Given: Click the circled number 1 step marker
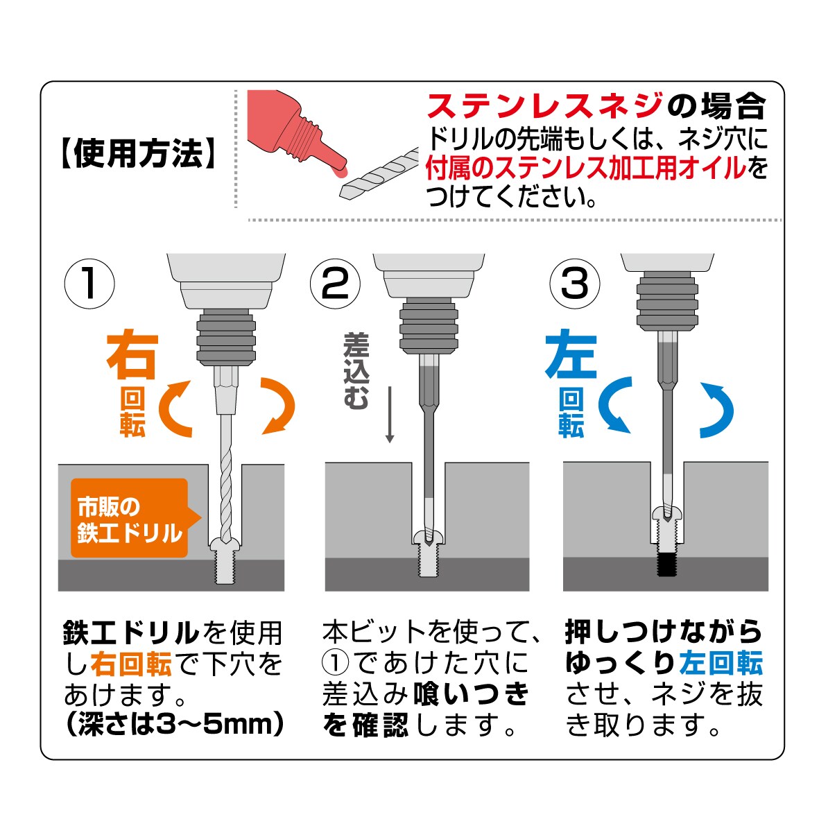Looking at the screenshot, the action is pos(89,284).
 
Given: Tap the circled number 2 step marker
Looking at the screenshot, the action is pos(335,284).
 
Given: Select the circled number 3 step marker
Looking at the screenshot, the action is pos(575,284).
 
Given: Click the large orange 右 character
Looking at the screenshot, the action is pos(132,354).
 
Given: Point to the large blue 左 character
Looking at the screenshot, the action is pos(571,354).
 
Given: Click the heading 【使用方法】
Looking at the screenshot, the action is pos(138,153).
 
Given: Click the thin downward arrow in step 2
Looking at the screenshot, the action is pos(390,414).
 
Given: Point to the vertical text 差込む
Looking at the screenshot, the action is pos(356,371).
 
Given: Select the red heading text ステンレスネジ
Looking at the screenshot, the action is pos(545,106).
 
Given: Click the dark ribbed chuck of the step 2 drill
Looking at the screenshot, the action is pos(429,327).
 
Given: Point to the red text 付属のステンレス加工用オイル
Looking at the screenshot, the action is pos(586,168).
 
